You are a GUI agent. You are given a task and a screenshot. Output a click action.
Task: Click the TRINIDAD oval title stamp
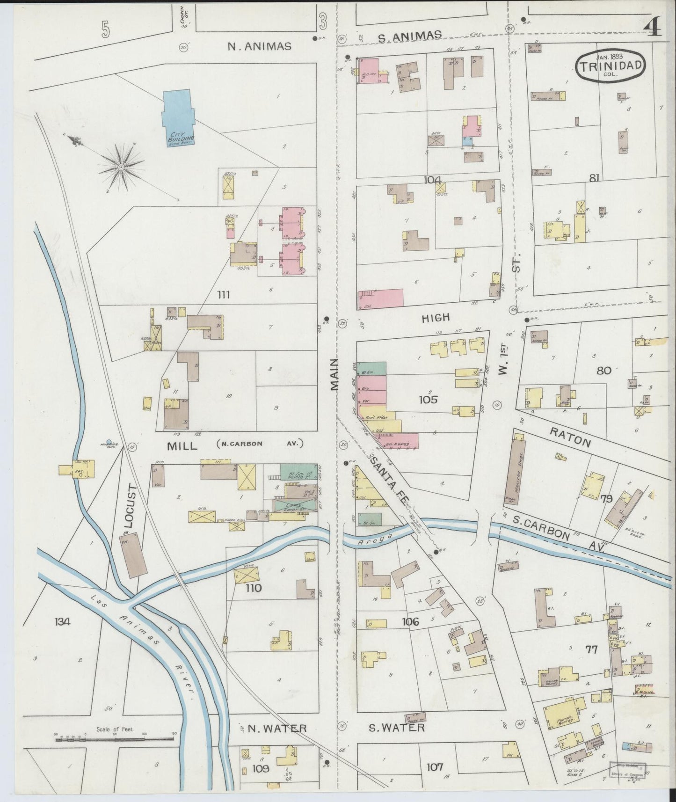pos(611,66)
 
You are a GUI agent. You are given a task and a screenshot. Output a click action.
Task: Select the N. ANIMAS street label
pos(259,46)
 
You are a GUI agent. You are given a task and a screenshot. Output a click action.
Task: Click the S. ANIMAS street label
pos(409,36)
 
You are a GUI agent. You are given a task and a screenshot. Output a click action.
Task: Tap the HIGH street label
pos(436,318)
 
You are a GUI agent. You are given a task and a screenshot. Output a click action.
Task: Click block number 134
pos(62,622)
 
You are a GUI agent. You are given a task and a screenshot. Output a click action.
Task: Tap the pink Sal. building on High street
pos(381,299)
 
